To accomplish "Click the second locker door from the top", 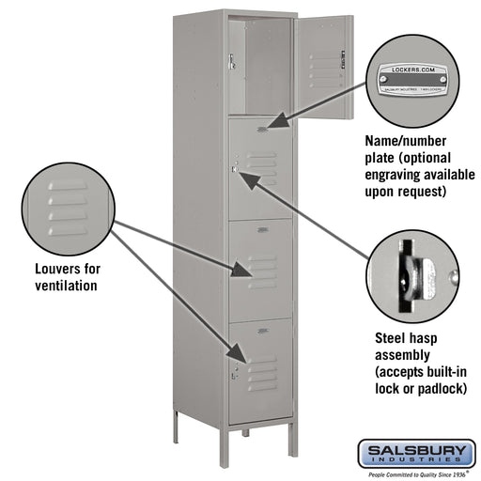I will (259, 169).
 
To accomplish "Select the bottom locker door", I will (259, 370).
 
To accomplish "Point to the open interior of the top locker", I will (260, 66).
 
